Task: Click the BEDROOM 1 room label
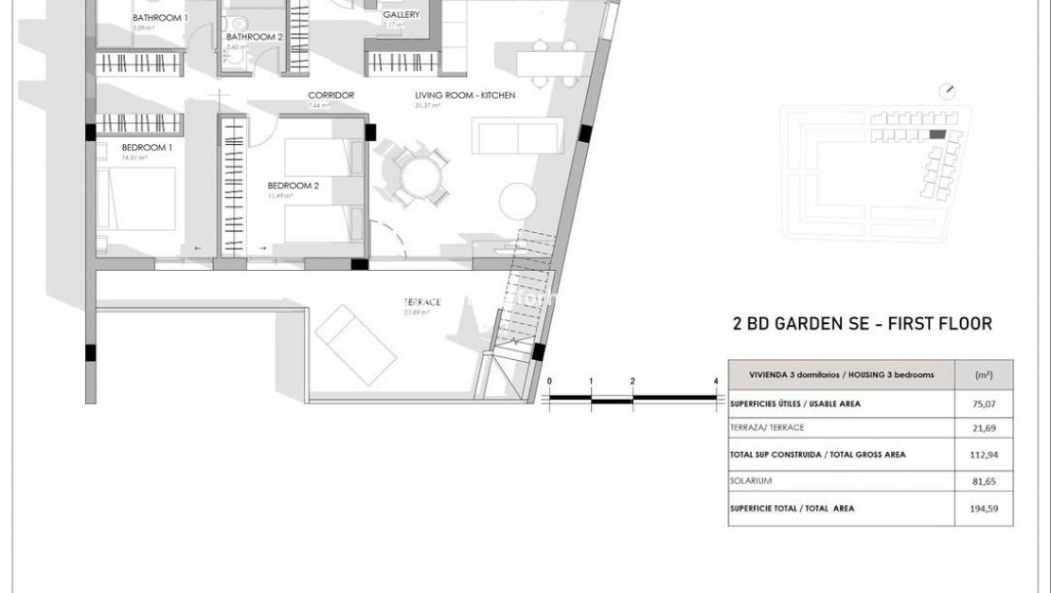click(146, 148)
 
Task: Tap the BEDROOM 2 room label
click(293, 186)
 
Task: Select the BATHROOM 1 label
click(160, 18)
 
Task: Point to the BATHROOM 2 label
click(255, 37)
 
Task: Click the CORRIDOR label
click(330, 96)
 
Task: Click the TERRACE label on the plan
click(422, 302)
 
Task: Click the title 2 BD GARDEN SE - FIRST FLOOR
click(862, 324)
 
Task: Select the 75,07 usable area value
click(986, 403)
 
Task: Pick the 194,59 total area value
click(986, 509)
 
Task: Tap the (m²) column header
click(983, 374)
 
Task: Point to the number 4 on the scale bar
click(716, 382)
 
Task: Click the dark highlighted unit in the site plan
click(936, 136)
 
